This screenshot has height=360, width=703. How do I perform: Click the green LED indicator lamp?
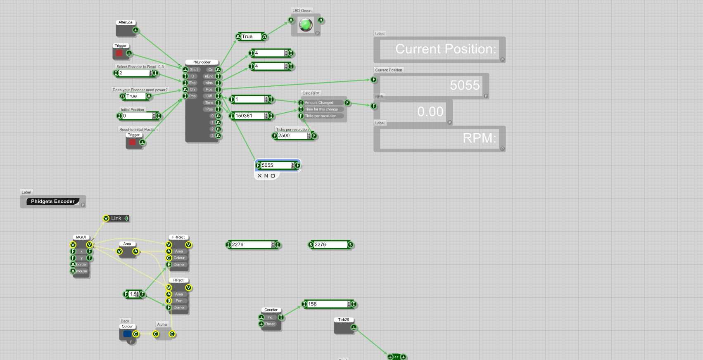point(306,25)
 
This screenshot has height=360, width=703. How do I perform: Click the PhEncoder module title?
point(202,62)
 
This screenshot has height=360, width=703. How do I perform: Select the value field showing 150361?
point(249,116)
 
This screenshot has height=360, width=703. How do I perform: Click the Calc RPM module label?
point(311,93)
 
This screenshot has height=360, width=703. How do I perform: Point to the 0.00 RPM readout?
point(430,112)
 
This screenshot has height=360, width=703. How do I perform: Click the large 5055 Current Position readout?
point(465,85)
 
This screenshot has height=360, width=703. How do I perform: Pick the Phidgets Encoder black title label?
point(53,201)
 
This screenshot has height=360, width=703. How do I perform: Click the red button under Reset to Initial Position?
point(132,142)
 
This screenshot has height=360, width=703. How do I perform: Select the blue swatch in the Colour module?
point(127,334)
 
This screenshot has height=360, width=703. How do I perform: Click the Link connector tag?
point(116,218)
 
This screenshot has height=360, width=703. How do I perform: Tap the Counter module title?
point(271,310)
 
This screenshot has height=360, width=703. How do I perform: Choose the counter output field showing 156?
point(327,304)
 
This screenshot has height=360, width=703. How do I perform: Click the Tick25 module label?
point(344,320)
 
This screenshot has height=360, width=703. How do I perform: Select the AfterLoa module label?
point(126,23)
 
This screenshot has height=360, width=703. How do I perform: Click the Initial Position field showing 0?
point(137,116)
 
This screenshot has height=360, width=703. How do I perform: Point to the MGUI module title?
point(81,237)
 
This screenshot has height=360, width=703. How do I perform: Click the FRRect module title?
point(178,237)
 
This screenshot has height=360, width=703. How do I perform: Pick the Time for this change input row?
point(321,109)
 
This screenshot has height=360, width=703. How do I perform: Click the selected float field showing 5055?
point(275,166)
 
